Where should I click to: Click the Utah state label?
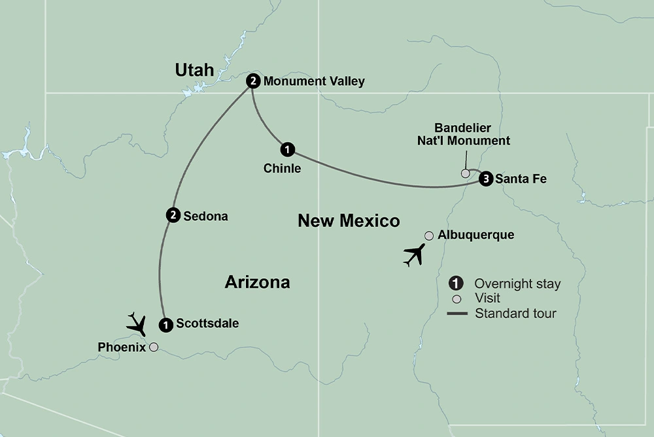pyautogui.click(x=195, y=70)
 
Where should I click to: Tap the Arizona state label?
pyautogui.click(x=257, y=283)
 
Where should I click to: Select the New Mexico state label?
pyautogui.click(x=349, y=221)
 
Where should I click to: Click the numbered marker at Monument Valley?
pyautogui.click(x=253, y=81)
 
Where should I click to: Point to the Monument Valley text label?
pyautogui.click(x=314, y=82)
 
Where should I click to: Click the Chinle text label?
pyautogui.click(x=283, y=168)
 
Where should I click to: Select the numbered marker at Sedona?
pyautogui.click(x=173, y=215)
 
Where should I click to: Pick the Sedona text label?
pyautogui.click(x=206, y=216)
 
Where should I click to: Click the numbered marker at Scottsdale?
pyautogui.click(x=166, y=323)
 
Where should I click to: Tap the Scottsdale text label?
pyautogui.click(x=207, y=323)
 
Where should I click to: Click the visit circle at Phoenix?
pyautogui.click(x=154, y=347)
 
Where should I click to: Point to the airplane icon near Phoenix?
pyautogui.click(x=137, y=323)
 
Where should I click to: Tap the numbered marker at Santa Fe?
pyautogui.click(x=485, y=179)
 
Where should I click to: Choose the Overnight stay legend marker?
pyautogui.click(x=456, y=283)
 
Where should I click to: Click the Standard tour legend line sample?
pyautogui.click(x=457, y=314)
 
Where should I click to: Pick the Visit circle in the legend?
pyautogui.click(x=457, y=298)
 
